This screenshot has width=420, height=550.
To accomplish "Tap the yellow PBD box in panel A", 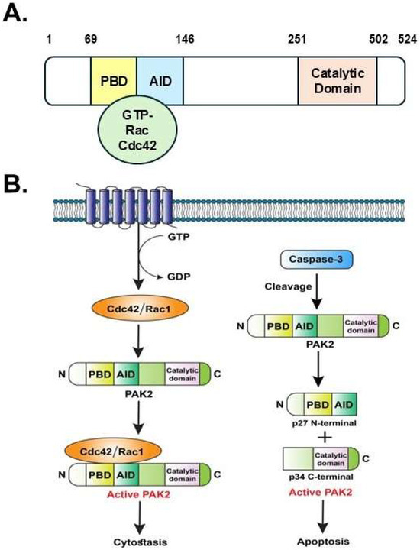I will [113, 79].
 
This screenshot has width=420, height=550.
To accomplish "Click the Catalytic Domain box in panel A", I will [338, 79].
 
